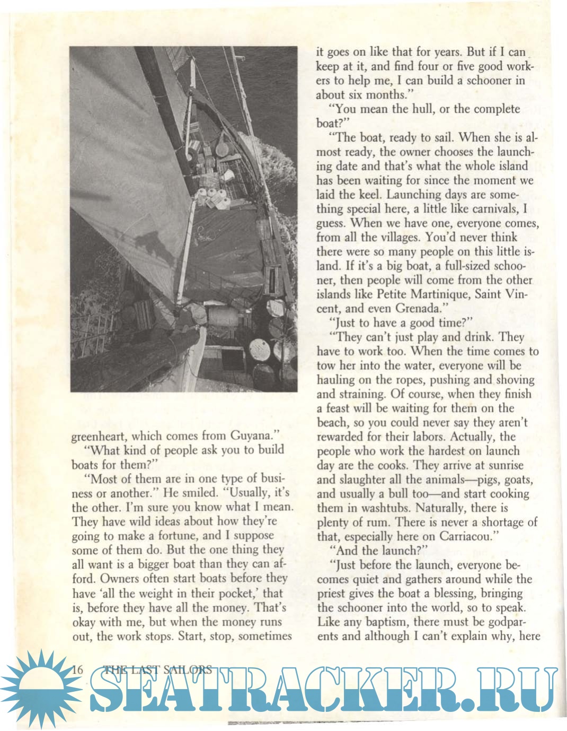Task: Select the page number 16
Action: click(78, 669)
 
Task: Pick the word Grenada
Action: click(423, 308)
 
